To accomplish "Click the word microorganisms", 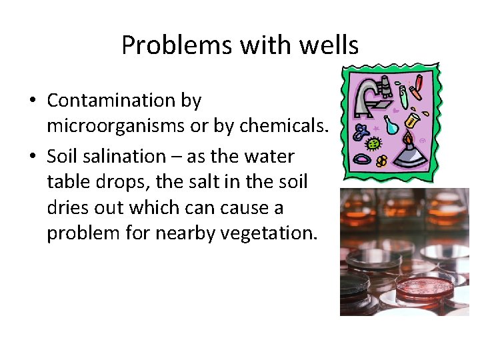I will (115, 127).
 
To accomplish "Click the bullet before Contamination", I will (32, 101).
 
